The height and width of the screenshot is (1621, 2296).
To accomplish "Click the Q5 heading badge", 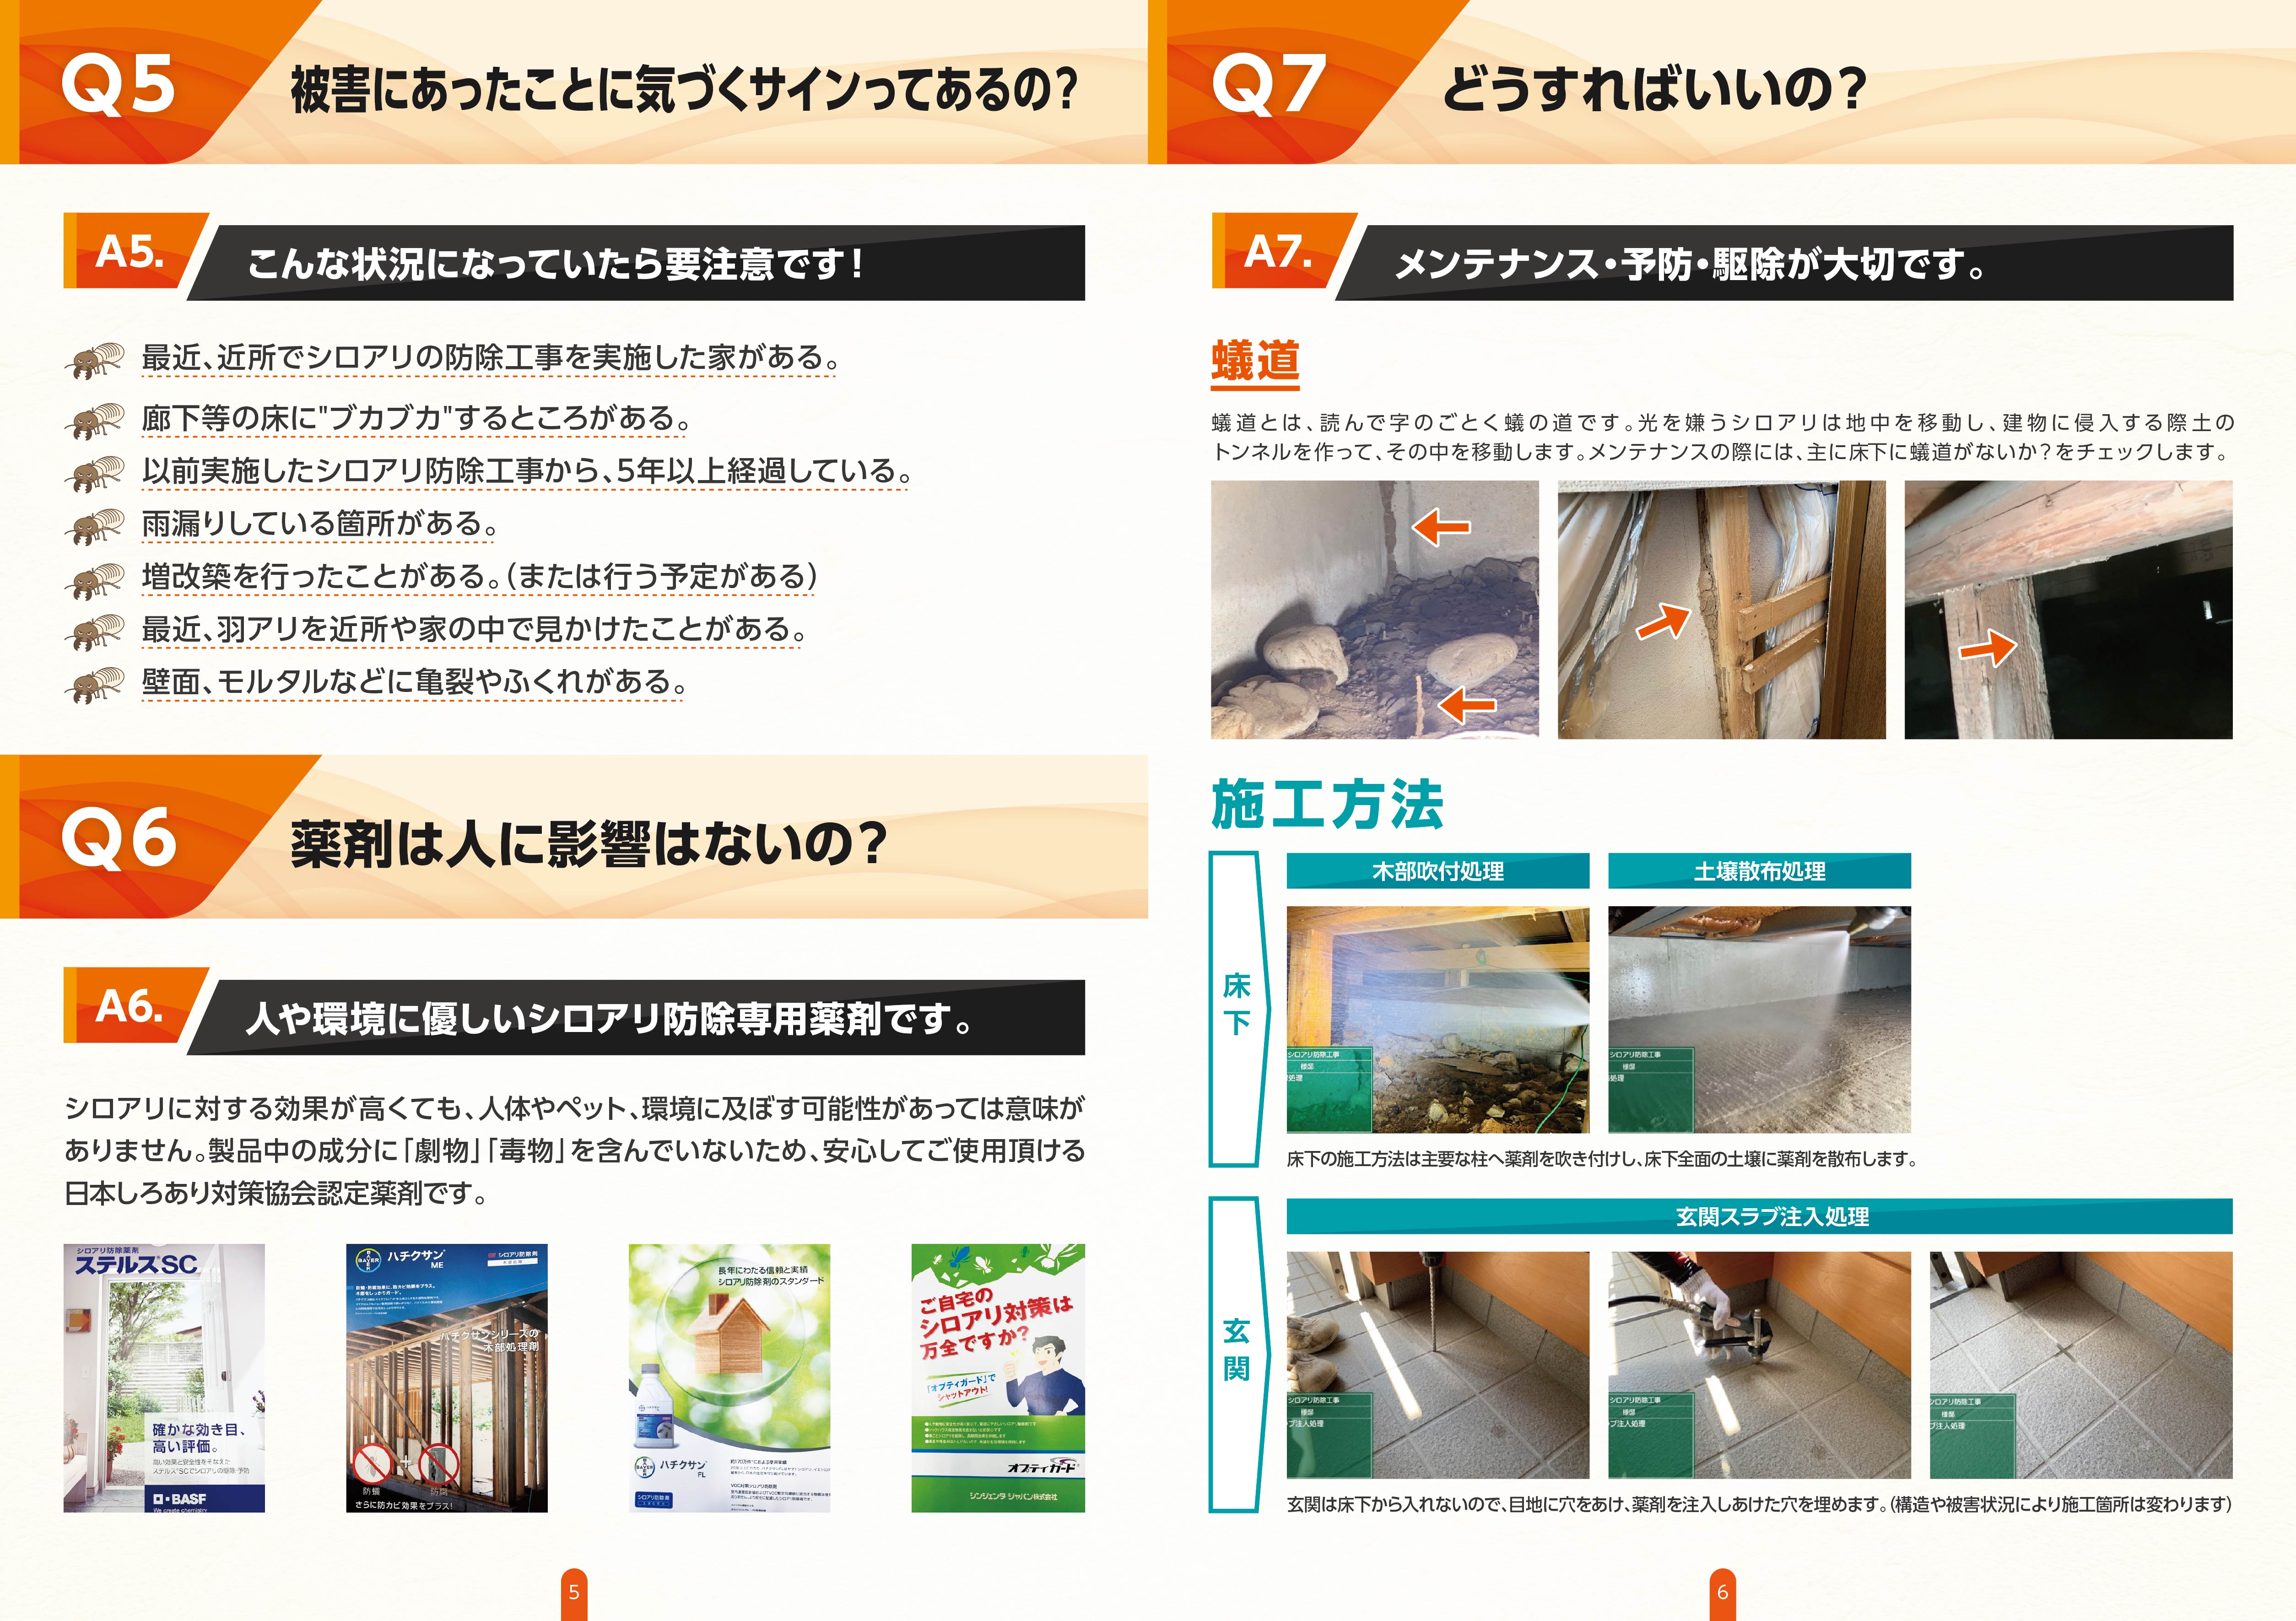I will [x=118, y=84].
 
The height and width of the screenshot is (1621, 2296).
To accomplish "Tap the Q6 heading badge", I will [x=118, y=838].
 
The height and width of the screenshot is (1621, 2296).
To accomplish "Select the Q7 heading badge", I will [x=1268, y=84].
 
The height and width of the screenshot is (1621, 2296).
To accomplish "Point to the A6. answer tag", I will [x=130, y=1006].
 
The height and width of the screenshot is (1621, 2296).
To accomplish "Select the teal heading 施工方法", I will [x=1327, y=805].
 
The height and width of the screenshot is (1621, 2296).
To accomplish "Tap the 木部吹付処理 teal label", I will [x=1437, y=871].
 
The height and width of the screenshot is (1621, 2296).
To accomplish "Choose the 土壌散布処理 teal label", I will [x=1759, y=871].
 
